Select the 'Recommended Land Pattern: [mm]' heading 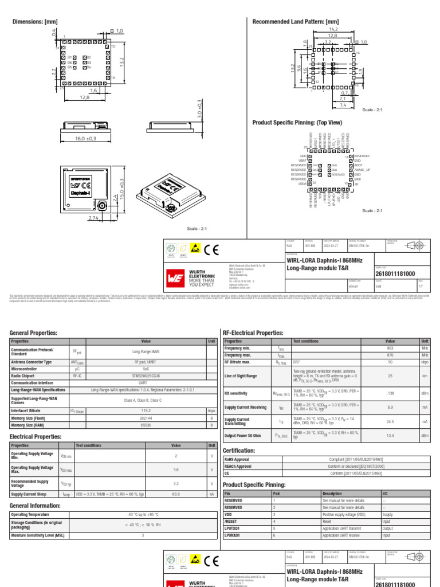pyautogui.click(x=296, y=21)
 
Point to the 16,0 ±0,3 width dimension pyautogui.click(x=86, y=139)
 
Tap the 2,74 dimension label pyautogui.click(x=94, y=218)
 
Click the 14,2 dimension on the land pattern pyautogui.click(x=332, y=28)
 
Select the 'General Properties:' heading pyautogui.click(x=33, y=332)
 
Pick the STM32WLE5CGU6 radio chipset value pyautogui.click(x=146, y=376)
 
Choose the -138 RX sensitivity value pyautogui.click(x=390, y=393)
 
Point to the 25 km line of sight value pyautogui.click(x=390, y=376)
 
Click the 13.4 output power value pyautogui.click(x=390, y=436)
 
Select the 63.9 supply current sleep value pyautogui.click(x=176, y=494)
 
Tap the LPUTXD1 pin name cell pyautogui.click(x=232, y=529)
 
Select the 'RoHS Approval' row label pyautogui.click(x=237, y=460)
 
